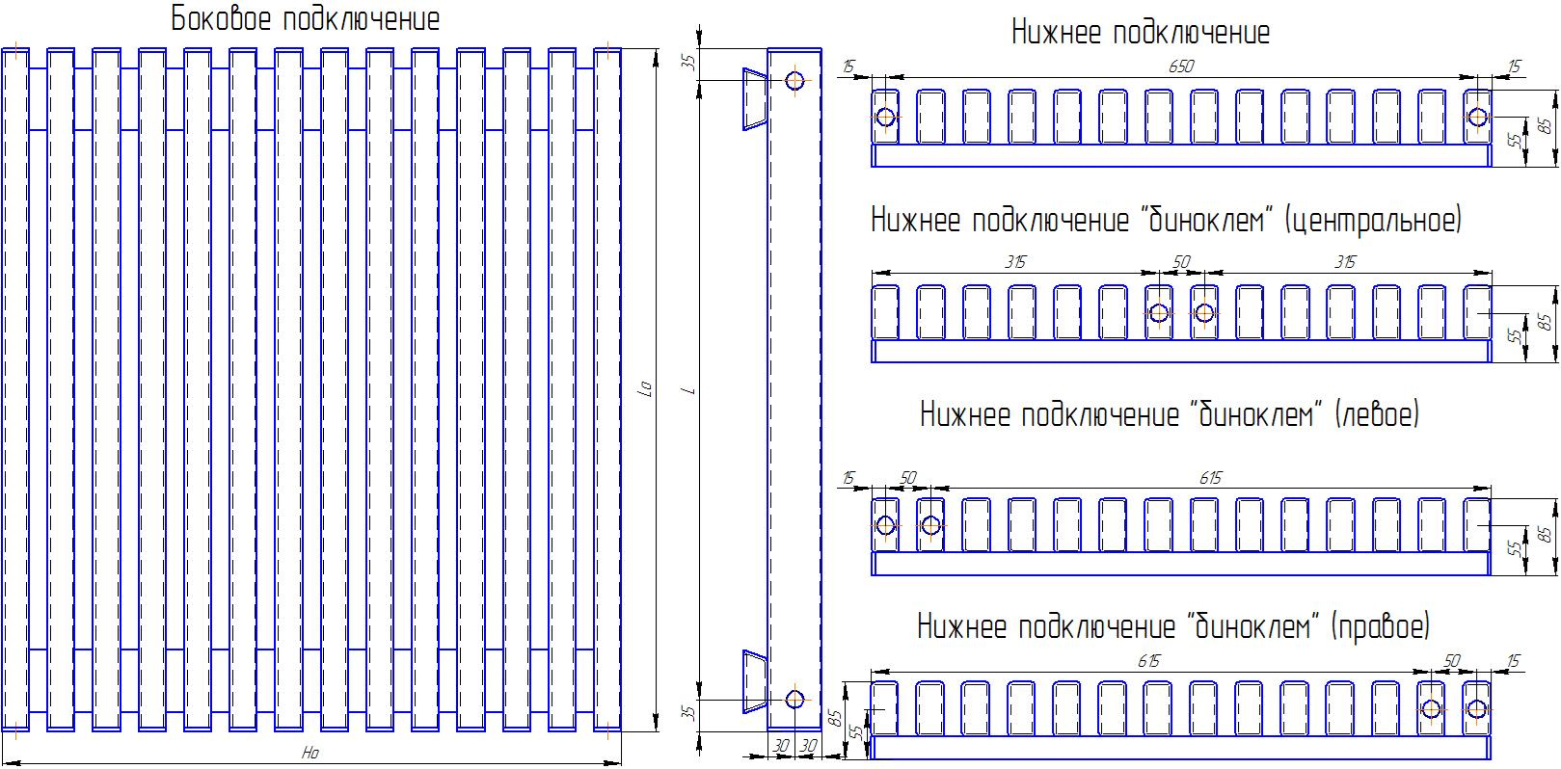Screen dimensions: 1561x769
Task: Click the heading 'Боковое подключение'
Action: [306, 19]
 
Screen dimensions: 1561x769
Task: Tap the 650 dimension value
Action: [1181, 66]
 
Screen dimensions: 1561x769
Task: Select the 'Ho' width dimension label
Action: [310, 753]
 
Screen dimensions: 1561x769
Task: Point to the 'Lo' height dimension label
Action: [645, 388]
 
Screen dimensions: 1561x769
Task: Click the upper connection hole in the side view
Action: [794, 81]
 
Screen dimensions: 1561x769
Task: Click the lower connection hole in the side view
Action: [794, 700]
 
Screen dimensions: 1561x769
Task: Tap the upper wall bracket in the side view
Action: [755, 99]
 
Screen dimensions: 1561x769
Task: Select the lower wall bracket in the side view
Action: [755, 681]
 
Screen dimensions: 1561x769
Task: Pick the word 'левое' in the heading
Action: [1377, 415]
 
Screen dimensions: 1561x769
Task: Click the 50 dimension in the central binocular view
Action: [1181, 262]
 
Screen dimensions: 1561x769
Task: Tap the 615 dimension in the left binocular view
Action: [1210, 478]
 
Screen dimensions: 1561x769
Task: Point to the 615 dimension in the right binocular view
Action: [1149, 661]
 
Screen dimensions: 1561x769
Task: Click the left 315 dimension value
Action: [1015, 262]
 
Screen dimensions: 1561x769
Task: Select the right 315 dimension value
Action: [1345, 262]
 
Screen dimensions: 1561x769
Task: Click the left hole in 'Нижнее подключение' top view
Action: [885, 117]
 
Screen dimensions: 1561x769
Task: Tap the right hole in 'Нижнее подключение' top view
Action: [1477, 117]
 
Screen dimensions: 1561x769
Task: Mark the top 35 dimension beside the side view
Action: [688, 63]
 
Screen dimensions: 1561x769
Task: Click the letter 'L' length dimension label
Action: [690, 391]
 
